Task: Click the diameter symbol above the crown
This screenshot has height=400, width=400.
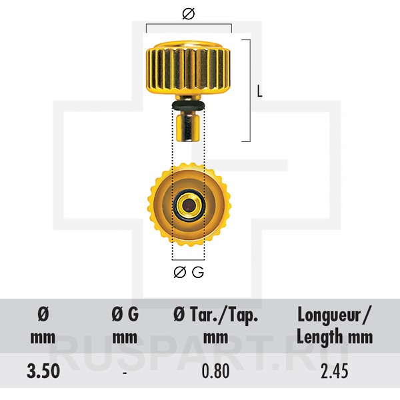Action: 189,14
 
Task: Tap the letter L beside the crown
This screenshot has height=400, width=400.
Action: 259,91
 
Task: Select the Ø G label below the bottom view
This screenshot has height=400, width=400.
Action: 189,272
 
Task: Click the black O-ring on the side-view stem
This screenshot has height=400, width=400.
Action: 189,105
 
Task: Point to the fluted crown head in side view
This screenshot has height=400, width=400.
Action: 189,67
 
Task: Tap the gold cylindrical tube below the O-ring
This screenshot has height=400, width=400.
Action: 189,127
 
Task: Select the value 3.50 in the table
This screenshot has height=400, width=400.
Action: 43,371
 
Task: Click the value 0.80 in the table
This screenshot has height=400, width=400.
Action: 215,371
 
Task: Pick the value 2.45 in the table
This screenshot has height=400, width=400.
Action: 335,371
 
